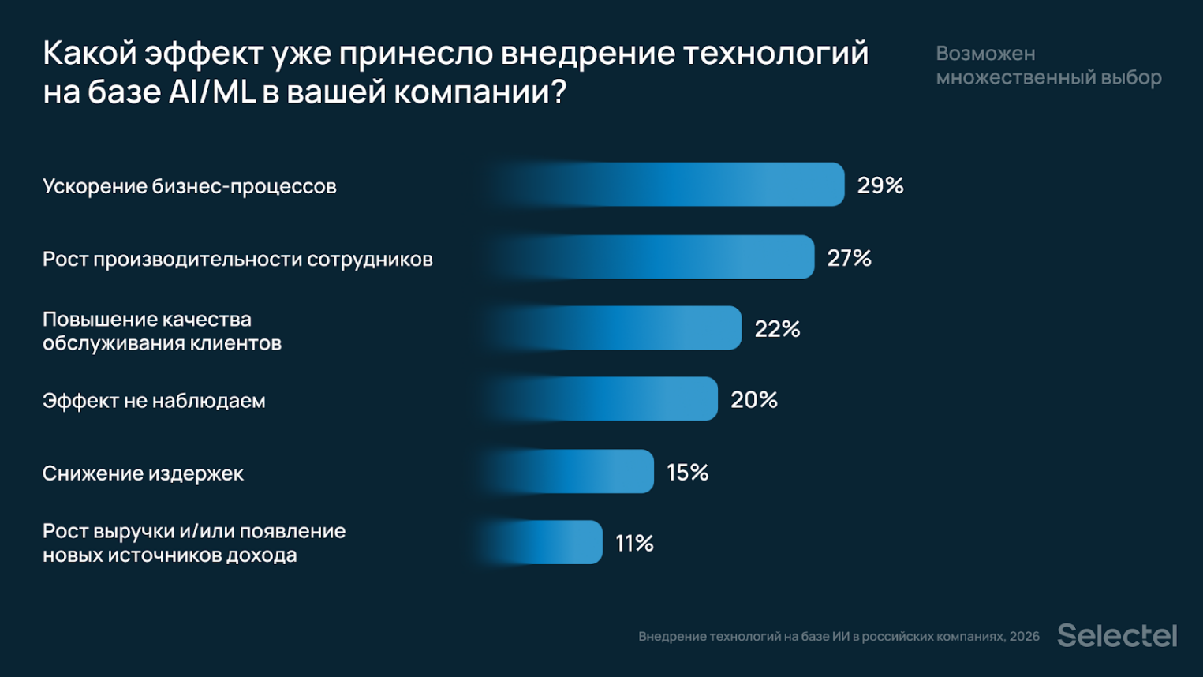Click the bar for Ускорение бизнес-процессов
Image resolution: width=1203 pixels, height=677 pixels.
point(671,185)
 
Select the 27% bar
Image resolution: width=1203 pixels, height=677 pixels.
point(655,257)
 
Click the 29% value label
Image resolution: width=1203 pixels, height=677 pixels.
point(880,185)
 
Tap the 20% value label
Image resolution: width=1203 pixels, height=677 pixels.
point(754,400)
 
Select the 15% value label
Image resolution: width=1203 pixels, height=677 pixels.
point(688,473)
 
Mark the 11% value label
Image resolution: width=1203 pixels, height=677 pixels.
point(635,544)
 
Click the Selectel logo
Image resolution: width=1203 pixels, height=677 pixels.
point(1117,635)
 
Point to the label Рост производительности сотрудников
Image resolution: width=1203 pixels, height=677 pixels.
point(237,259)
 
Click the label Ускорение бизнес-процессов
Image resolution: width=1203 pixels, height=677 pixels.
point(189,186)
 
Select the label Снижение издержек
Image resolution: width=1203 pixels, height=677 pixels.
point(143,473)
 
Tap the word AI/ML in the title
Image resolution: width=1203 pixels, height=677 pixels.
point(212,92)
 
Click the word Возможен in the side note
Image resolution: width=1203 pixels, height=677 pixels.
point(985,54)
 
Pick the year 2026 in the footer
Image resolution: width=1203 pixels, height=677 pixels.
point(1024,637)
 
